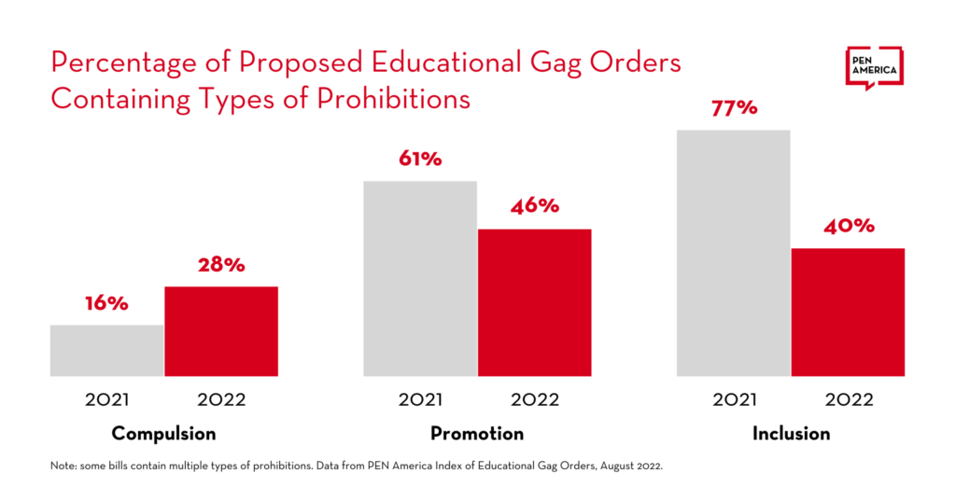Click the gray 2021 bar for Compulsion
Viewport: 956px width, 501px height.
[106, 351]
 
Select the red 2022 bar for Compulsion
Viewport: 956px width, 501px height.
[221, 331]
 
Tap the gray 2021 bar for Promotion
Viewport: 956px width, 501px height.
[420, 279]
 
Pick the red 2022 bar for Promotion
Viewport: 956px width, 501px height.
[535, 302]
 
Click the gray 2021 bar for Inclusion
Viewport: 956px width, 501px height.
[734, 253]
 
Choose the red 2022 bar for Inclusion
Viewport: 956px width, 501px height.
[849, 313]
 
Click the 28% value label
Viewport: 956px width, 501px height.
[221, 265]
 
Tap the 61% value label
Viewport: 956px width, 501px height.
[419, 159]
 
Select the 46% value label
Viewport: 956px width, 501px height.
[535, 206]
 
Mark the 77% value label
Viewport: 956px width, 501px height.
[734, 108]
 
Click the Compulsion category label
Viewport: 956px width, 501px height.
[163, 434]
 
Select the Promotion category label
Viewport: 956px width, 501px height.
[477, 434]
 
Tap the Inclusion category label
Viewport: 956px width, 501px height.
[791, 434]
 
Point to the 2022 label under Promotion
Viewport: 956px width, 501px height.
[535, 400]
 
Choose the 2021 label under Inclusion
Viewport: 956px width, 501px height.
[734, 400]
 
